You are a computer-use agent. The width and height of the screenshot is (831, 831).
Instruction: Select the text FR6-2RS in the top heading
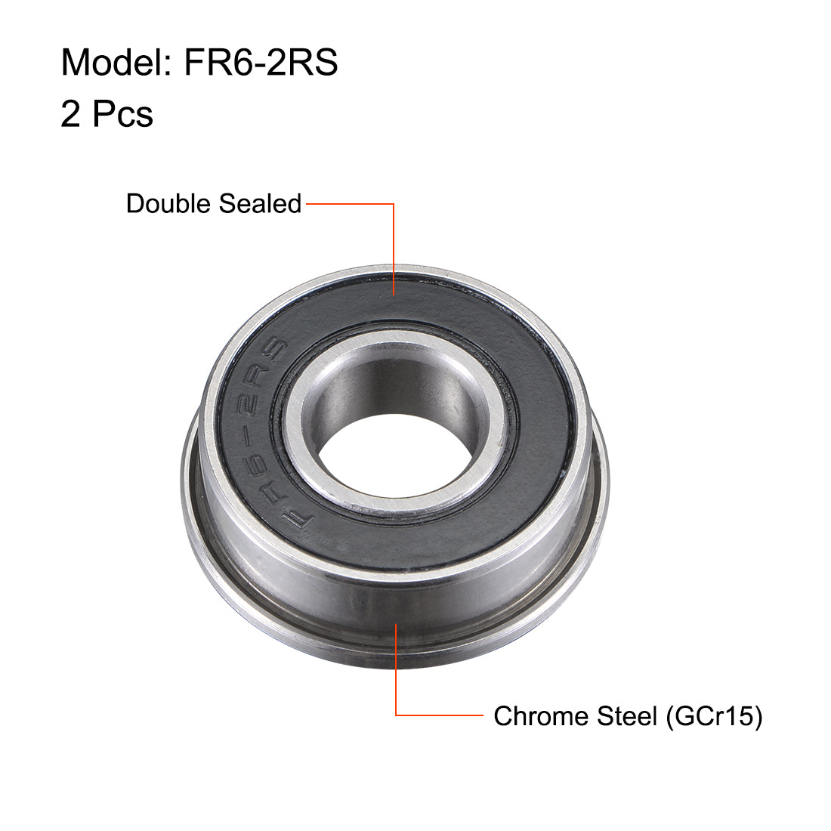[x=261, y=63]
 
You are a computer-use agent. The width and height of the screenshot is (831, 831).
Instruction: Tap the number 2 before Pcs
[x=70, y=114]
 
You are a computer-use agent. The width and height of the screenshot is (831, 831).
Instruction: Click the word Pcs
[x=122, y=114]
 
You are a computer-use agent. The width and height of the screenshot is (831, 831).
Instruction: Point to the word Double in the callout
[x=169, y=204]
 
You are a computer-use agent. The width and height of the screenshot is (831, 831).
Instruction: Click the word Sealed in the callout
[x=260, y=204]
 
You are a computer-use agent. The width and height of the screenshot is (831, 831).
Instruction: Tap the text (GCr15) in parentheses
[x=714, y=715]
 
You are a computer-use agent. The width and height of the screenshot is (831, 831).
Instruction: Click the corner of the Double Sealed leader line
[x=394, y=204]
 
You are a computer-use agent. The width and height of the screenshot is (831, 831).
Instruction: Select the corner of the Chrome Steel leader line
[x=397, y=715]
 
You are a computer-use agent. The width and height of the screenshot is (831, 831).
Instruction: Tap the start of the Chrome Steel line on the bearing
[x=397, y=623]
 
